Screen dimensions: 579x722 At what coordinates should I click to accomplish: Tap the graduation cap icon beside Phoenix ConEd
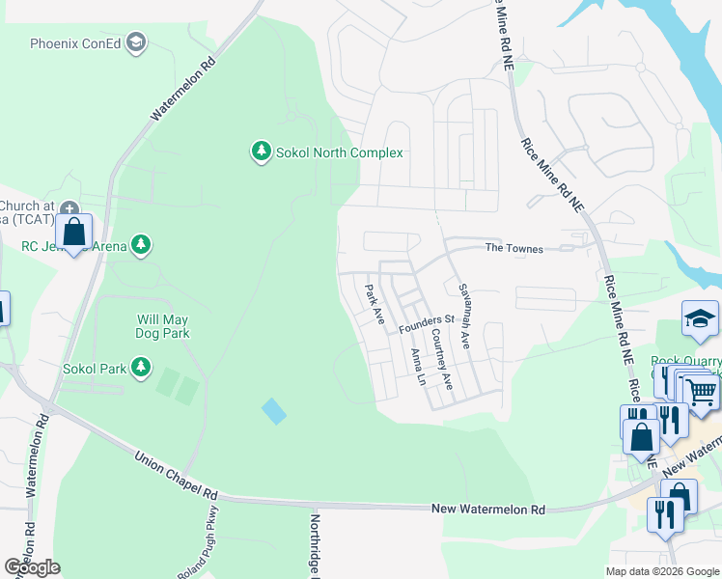137,42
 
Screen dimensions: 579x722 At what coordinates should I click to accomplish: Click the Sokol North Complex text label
339,152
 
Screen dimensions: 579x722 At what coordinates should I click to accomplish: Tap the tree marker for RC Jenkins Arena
142,244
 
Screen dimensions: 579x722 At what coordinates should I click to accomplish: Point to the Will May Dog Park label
162,326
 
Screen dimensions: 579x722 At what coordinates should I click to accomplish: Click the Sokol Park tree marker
142,367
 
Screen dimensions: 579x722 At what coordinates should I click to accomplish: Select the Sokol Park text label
94,368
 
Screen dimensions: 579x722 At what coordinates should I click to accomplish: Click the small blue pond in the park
274,411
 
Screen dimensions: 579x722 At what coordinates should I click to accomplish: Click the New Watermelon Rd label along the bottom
487,509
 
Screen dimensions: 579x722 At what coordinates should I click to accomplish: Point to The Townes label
514,249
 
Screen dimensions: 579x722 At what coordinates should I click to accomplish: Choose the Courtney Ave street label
442,359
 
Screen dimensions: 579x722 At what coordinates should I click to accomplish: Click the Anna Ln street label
418,367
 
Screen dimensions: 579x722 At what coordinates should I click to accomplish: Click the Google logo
32,567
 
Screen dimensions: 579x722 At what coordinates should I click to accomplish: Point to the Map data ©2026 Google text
661,570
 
